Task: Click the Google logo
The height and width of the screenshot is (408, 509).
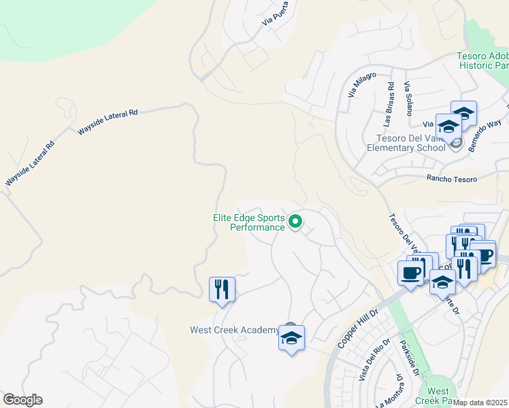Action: point(22,400)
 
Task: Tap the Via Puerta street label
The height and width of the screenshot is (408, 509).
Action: point(280,13)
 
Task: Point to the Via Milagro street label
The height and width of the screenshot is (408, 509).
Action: point(362,84)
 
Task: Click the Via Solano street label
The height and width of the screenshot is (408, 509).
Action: point(408,99)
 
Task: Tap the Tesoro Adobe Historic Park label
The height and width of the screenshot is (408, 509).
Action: point(483,61)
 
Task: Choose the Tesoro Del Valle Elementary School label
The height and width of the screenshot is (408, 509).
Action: point(406,142)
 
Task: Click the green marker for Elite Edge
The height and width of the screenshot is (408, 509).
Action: point(295,222)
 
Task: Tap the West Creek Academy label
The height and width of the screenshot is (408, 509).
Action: point(233,330)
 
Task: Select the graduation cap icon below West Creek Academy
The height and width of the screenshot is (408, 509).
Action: point(291,338)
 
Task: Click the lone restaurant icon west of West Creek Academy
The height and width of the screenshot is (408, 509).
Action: point(222,289)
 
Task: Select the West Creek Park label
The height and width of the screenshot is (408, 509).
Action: point(438,396)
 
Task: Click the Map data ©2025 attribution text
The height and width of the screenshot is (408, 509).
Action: point(480,403)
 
